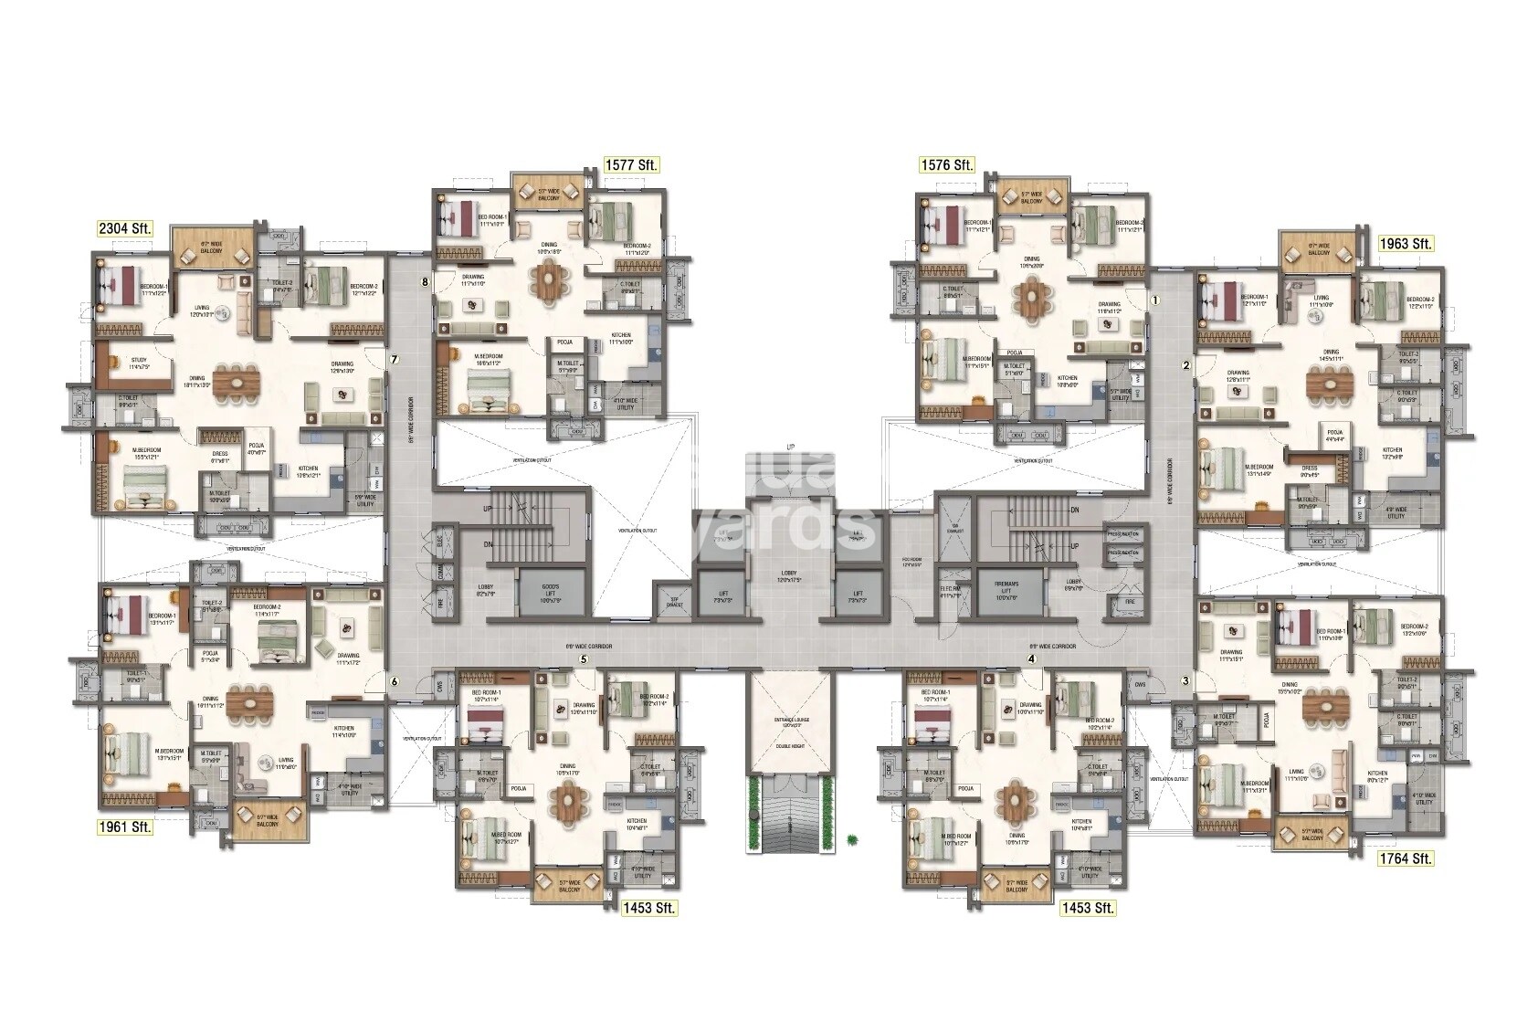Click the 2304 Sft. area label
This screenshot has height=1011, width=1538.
click(x=126, y=228)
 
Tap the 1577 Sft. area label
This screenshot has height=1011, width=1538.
click(x=631, y=165)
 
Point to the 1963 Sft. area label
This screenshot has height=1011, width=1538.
click(x=1406, y=244)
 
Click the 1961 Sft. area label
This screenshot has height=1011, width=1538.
click(x=125, y=827)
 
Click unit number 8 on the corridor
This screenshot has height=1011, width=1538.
click(x=425, y=282)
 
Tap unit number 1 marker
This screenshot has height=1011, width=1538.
click(x=1154, y=299)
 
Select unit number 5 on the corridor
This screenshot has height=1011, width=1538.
click(x=582, y=659)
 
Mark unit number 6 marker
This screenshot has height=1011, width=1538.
click(x=395, y=681)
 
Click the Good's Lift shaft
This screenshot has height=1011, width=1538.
click(x=548, y=595)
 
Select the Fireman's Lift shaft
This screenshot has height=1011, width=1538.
click(x=1005, y=595)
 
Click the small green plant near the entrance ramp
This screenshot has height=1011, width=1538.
click(x=851, y=835)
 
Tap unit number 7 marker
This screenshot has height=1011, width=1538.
click(x=394, y=360)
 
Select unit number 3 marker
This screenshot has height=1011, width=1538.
click(x=1185, y=680)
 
